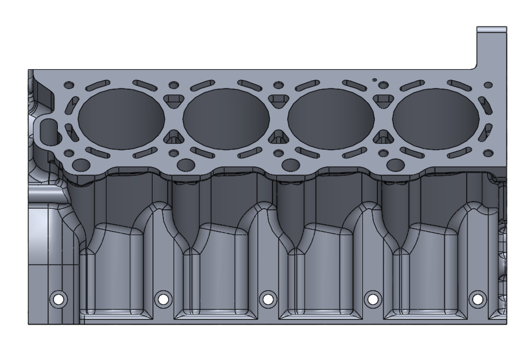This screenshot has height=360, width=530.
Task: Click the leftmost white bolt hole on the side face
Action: click(x=57, y=299)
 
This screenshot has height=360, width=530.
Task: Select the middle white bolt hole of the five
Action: click(x=267, y=299)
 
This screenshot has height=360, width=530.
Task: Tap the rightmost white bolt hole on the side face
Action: click(x=477, y=299)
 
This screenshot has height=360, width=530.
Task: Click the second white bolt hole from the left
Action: click(x=163, y=299)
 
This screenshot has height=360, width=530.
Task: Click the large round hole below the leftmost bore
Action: click(x=81, y=164)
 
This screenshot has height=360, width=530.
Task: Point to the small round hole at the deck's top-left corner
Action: click(x=69, y=85)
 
